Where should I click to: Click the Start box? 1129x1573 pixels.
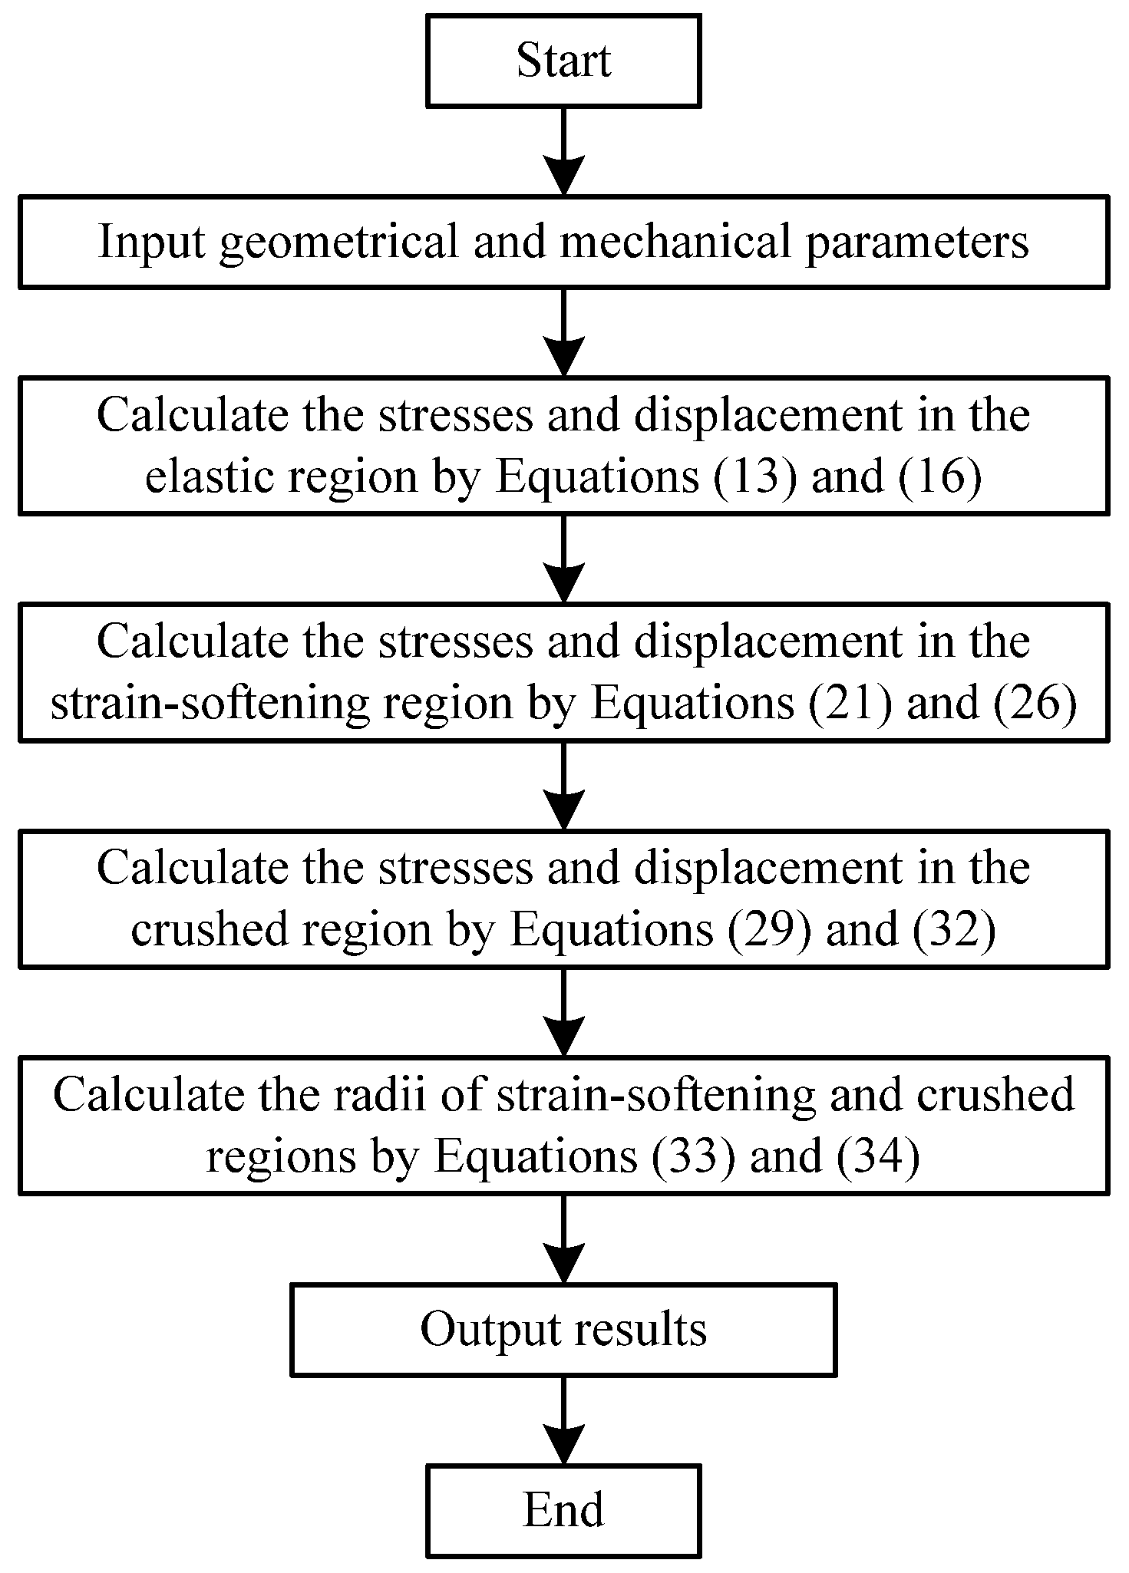click(x=563, y=61)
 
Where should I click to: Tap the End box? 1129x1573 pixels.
click(x=563, y=1510)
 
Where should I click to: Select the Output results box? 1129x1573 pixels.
click(x=563, y=1329)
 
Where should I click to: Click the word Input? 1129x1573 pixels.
click(x=152, y=242)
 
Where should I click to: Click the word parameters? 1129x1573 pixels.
click(x=916, y=242)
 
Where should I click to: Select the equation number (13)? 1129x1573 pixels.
click(x=756, y=477)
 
